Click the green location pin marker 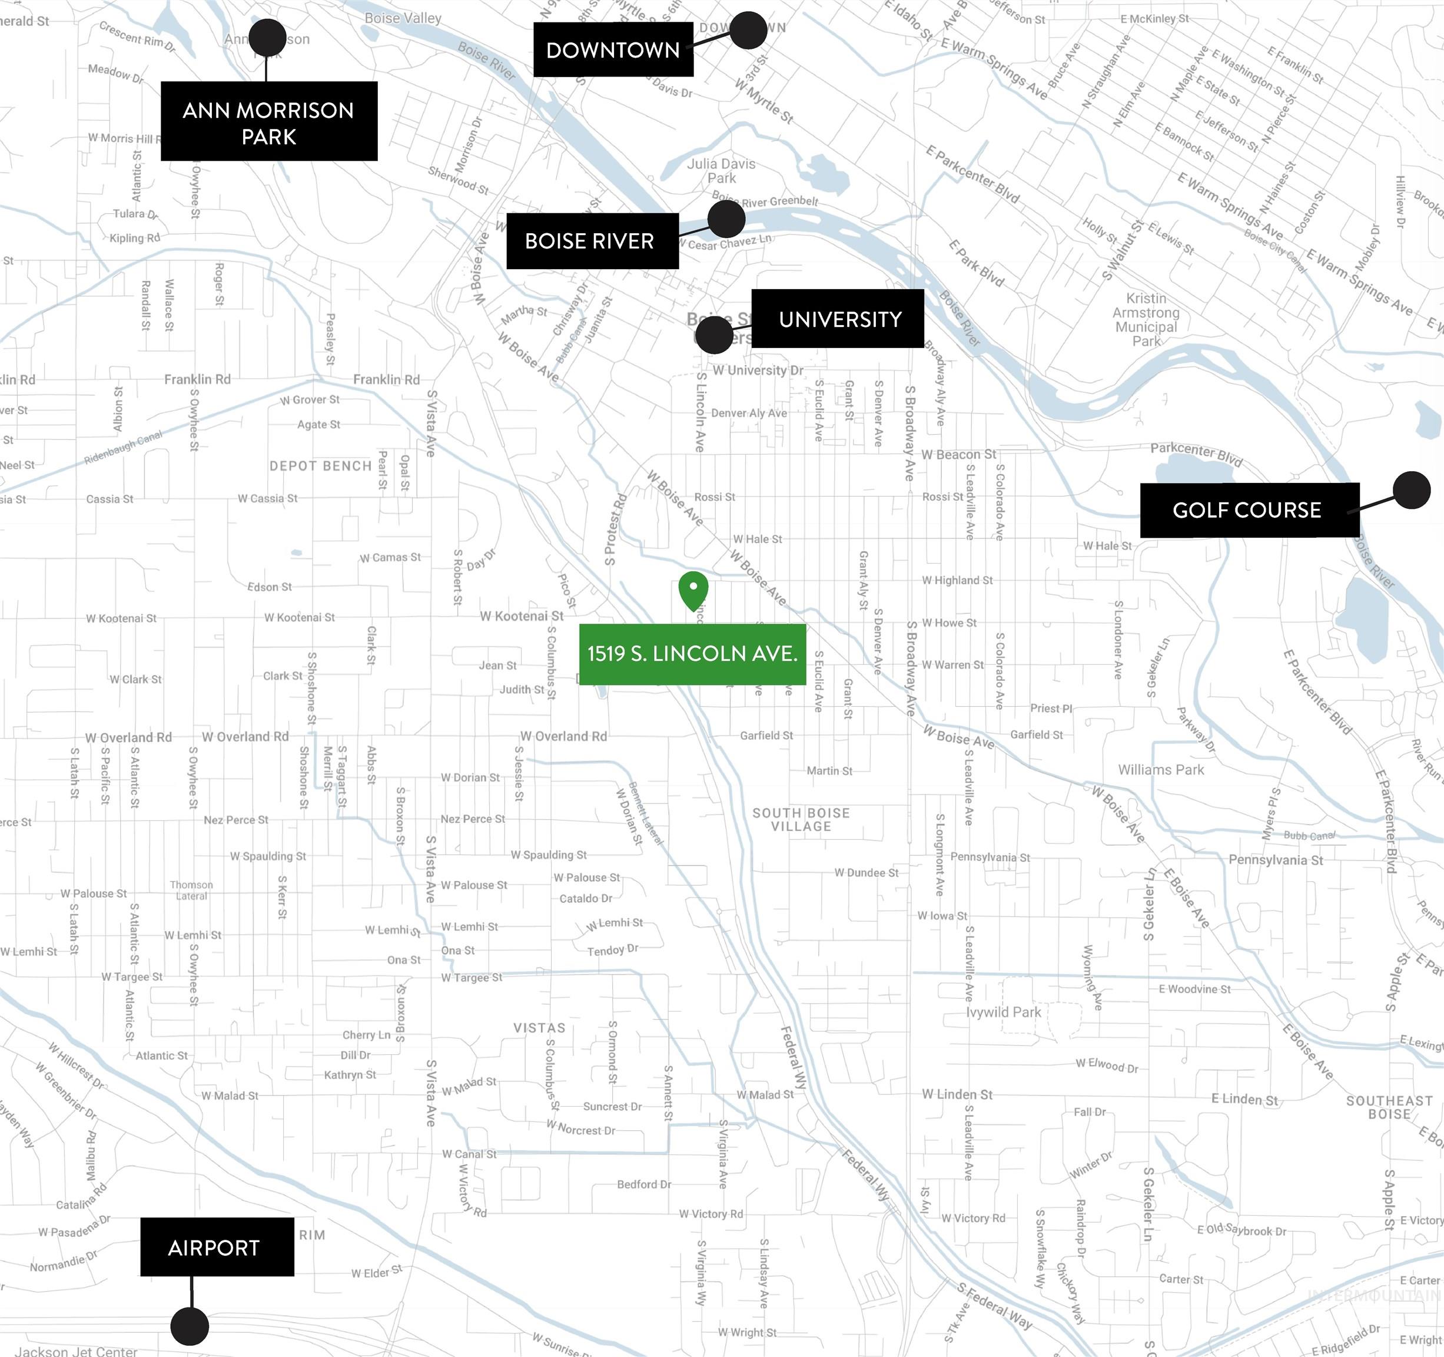click(693, 590)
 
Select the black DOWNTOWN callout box click(613, 49)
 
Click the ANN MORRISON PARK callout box click(269, 121)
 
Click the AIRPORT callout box click(217, 1248)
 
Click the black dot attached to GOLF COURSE click(1412, 490)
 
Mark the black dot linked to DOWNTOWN click(749, 31)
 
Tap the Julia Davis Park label click(721, 171)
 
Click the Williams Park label click(1161, 770)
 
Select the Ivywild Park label click(1003, 1012)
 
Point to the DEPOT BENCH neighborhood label click(320, 466)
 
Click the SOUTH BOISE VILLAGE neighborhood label click(801, 819)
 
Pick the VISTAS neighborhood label click(539, 1028)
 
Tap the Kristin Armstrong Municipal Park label click(1146, 319)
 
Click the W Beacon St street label click(959, 454)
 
